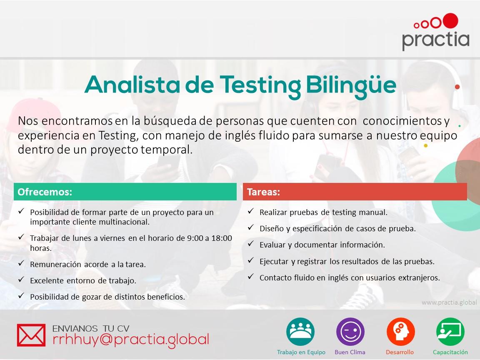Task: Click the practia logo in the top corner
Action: [435, 32]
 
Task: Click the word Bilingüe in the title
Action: [351, 85]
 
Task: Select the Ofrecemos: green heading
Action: [45, 192]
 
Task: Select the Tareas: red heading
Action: [263, 192]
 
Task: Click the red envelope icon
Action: [31, 335]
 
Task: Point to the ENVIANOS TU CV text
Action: [91, 329]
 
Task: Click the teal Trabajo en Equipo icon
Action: [300, 332]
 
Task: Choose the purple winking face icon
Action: [350, 332]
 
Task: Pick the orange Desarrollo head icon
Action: [400, 332]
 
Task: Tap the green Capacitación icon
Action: [450, 332]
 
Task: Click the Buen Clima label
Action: [350, 352]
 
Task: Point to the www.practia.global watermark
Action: [449, 302]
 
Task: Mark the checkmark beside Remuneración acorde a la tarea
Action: [21, 263]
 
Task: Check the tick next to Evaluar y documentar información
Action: [251, 243]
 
